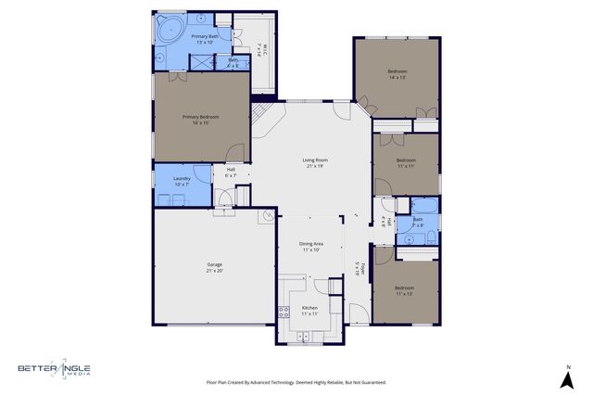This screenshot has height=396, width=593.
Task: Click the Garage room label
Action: pyautogui.click(x=214, y=268)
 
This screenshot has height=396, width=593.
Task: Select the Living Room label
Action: pyautogui.click(x=315, y=162)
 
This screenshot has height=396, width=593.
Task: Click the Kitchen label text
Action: pyautogui.click(x=309, y=310)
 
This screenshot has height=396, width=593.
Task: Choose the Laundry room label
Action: pyautogui.click(x=182, y=180)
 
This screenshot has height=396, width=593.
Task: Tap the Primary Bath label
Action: pyautogui.click(x=205, y=38)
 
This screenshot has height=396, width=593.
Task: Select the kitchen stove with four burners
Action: pyautogui.click(x=284, y=313)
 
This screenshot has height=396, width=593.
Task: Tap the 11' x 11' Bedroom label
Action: pyautogui.click(x=406, y=162)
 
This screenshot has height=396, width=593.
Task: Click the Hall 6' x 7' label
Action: pyautogui.click(x=231, y=172)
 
